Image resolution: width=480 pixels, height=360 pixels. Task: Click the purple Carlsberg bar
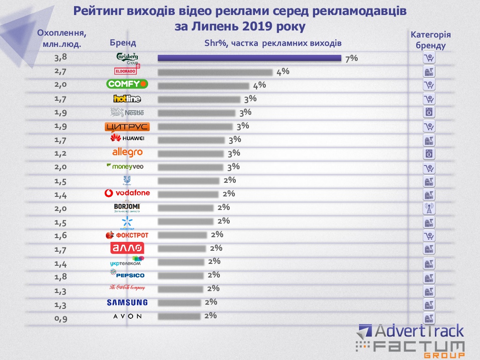point(249,58)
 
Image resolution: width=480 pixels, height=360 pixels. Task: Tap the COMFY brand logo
point(127,84)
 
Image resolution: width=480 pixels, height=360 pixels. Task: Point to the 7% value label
point(351,58)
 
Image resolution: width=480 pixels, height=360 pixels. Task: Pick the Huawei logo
point(127,139)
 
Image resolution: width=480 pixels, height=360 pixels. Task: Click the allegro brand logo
point(127,152)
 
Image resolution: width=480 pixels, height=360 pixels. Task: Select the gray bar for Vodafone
point(188,194)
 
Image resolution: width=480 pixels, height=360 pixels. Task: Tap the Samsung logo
point(127,302)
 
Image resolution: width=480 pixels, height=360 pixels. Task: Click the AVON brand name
point(127,316)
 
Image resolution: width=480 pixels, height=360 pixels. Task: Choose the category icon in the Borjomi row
point(429,208)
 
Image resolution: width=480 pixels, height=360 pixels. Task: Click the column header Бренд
point(123,43)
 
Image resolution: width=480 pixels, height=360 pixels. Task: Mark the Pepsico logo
point(127,274)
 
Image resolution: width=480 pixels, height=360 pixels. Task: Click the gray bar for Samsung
point(180,303)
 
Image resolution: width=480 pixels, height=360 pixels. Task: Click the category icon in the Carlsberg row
point(429,58)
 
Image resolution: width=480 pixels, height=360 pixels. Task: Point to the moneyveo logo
point(125,166)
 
